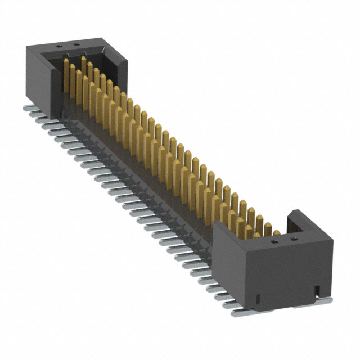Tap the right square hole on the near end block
(293, 238)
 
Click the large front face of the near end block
(287, 270)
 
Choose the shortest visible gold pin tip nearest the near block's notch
(276, 232)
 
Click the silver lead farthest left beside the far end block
(28, 107)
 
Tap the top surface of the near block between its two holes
(284, 240)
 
